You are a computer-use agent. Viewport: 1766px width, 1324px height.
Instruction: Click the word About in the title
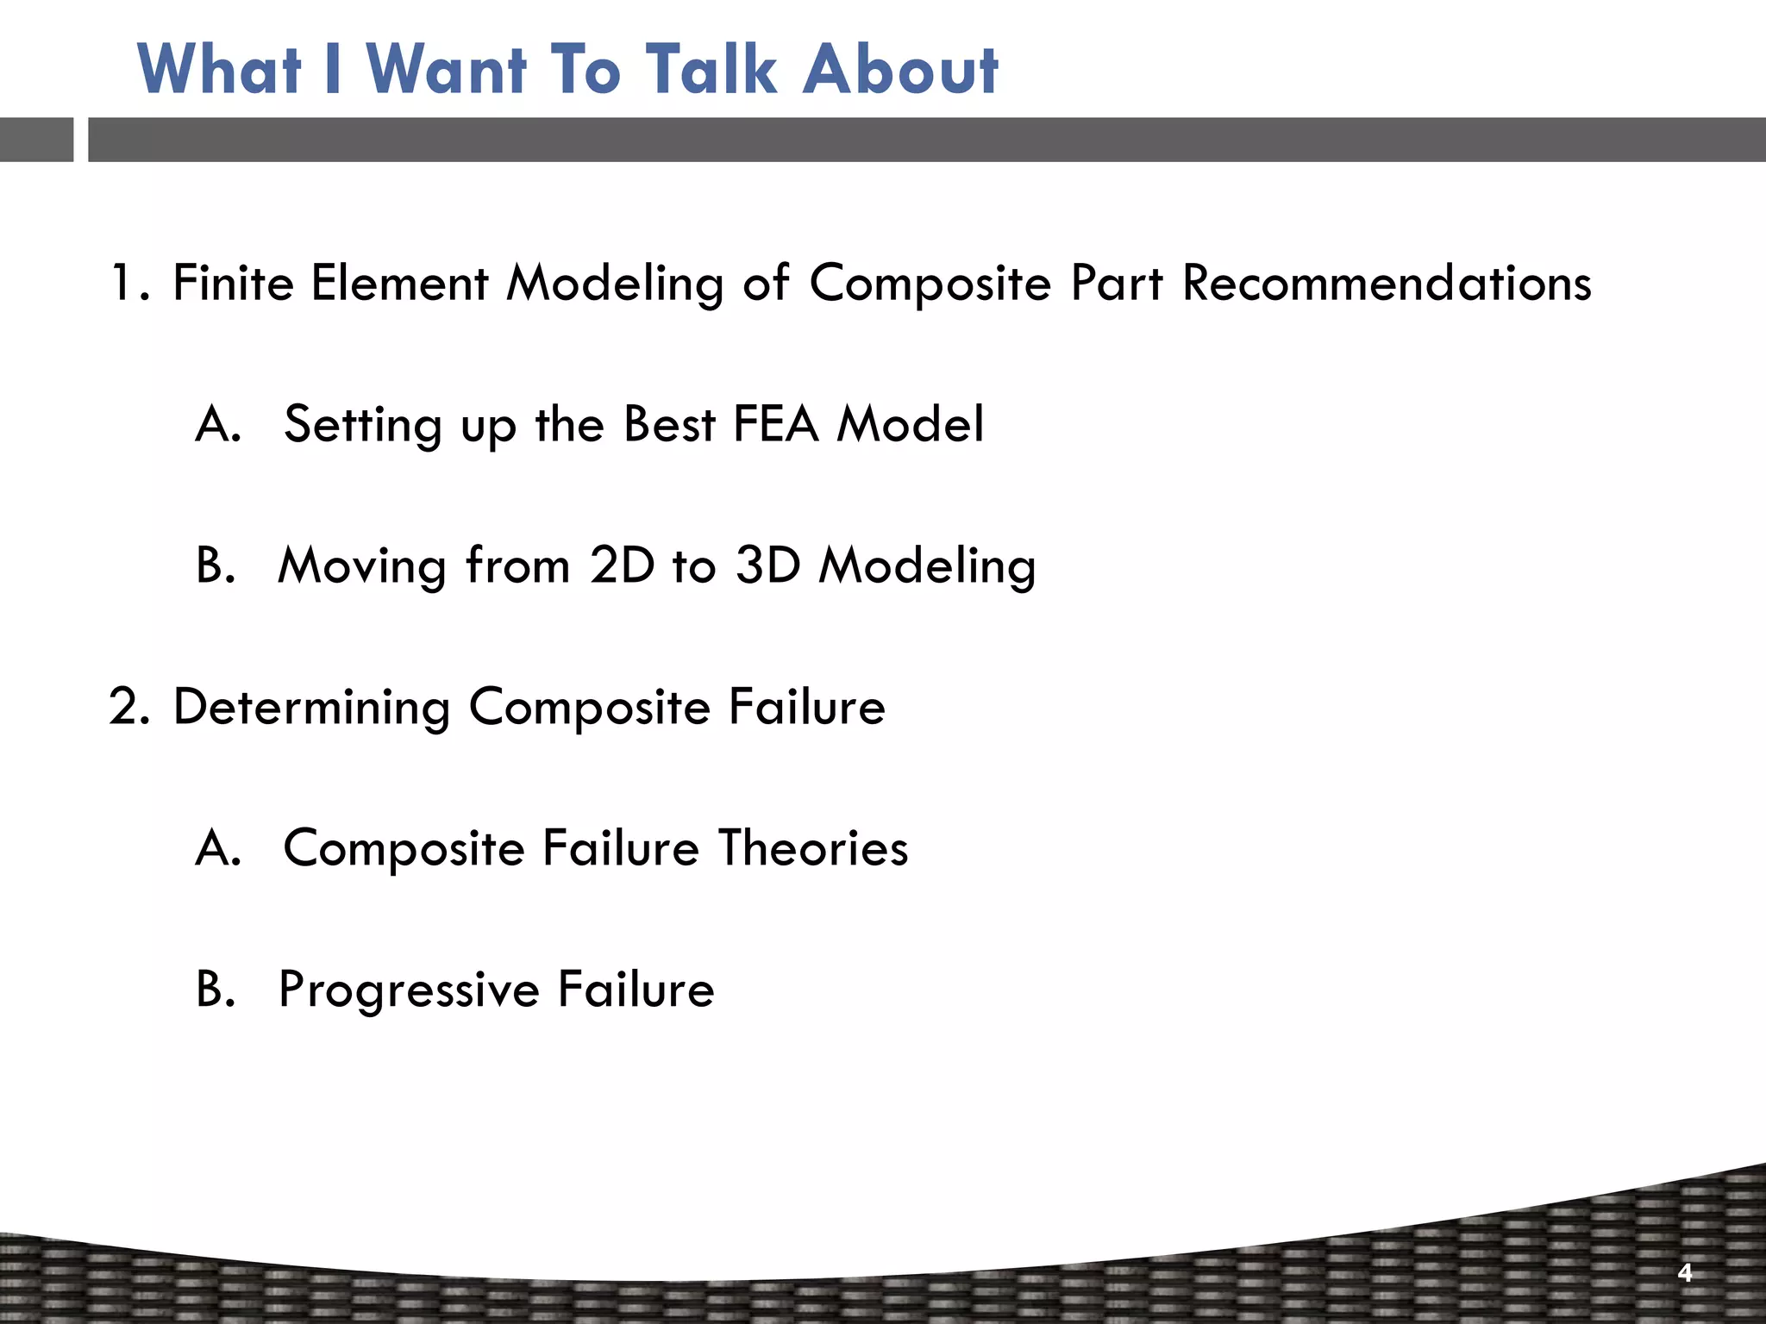(x=900, y=69)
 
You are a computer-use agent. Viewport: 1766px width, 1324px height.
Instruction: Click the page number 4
(x=1685, y=1272)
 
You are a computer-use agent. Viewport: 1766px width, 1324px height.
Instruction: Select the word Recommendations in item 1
(x=1386, y=283)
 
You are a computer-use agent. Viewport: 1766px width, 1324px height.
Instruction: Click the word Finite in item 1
(x=233, y=283)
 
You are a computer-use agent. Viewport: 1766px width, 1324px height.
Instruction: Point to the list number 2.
(x=128, y=707)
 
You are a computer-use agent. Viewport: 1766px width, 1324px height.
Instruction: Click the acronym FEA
(x=775, y=424)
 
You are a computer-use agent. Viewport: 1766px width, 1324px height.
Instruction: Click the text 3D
(x=767, y=565)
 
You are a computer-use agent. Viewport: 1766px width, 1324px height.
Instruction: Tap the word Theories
(x=812, y=848)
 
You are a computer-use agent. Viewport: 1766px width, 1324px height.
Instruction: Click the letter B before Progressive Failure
(x=214, y=990)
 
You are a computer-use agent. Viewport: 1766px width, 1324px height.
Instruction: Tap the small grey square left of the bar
(x=36, y=140)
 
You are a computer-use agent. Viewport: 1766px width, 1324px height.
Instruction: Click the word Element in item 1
(x=398, y=283)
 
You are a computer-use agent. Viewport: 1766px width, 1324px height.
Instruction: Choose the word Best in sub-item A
(x=668, y=424)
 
